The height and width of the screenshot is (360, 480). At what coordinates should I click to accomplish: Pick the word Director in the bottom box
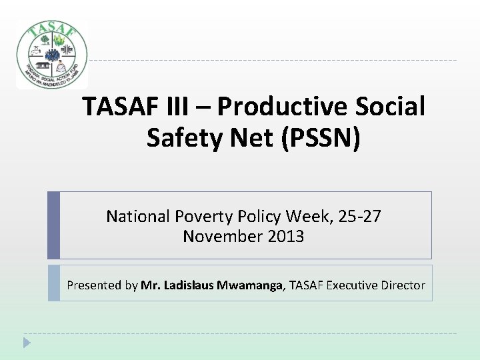[403, 285]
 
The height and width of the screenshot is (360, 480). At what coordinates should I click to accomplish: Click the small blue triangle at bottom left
[27, 343]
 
